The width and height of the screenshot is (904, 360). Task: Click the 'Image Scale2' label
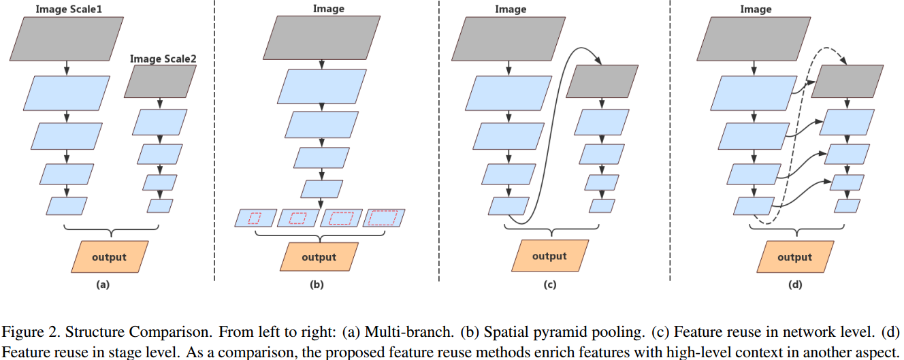(163, 59)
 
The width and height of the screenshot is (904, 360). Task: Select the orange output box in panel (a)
(109, 257)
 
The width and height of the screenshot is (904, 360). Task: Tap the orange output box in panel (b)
(319, 257)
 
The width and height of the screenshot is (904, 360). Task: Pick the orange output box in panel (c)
(549, 256)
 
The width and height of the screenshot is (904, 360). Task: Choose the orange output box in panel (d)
(794, 257)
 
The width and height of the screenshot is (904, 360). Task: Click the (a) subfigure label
(103, 285)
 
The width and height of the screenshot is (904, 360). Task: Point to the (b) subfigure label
(317, 285)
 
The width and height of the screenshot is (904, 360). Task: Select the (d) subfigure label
(794, 285)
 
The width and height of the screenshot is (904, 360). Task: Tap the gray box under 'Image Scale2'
(161, 82)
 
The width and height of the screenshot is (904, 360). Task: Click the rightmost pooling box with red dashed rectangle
(384, 218)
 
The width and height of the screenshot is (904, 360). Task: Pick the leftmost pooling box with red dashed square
(255, 218)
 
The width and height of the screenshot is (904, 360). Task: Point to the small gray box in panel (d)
(848, 82)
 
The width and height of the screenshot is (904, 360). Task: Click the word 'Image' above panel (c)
(511, 9)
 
